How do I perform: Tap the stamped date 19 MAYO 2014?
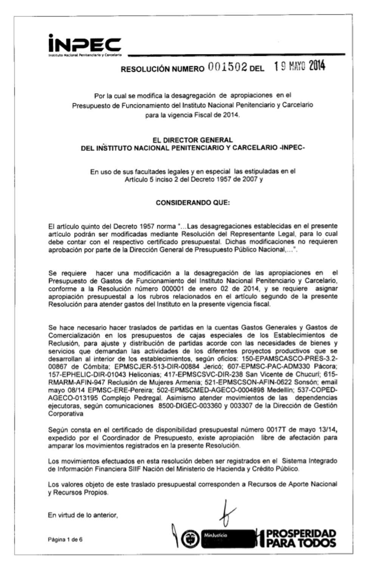tap(300, 67)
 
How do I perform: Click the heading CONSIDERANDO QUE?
tap(193, 203)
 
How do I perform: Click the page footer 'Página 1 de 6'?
tap(65, 539)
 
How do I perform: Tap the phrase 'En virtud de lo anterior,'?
tap(83, 515)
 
